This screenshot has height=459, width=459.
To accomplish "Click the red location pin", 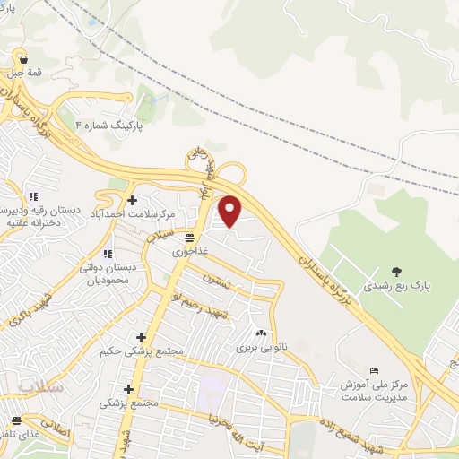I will pyautogui.click(x=230, y=211).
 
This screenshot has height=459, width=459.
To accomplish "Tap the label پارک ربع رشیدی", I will pyautogui.click(x=396, y=287).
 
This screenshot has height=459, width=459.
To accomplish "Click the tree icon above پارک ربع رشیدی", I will pyautogui.click(x=396, y=271).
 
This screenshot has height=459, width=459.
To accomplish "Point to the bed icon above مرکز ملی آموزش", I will pyautogui.click(x=375, y=370).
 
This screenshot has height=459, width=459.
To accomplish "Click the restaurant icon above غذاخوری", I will pyautogui.click(x=190, y=238).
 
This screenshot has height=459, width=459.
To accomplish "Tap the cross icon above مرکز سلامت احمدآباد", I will pyautogui.click(x=133, y=199).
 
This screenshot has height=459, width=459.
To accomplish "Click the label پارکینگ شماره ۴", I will pyautogui.click(x=108, y=127).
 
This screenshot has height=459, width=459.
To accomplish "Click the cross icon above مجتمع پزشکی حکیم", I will pyautogui.click(x=141, y=336).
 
